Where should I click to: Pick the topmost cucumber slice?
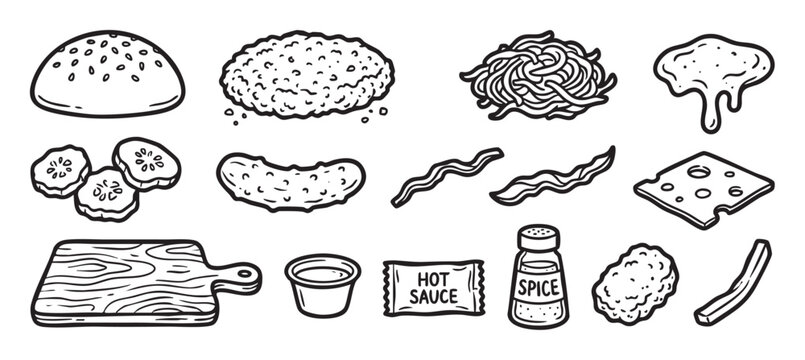[147, 161]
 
